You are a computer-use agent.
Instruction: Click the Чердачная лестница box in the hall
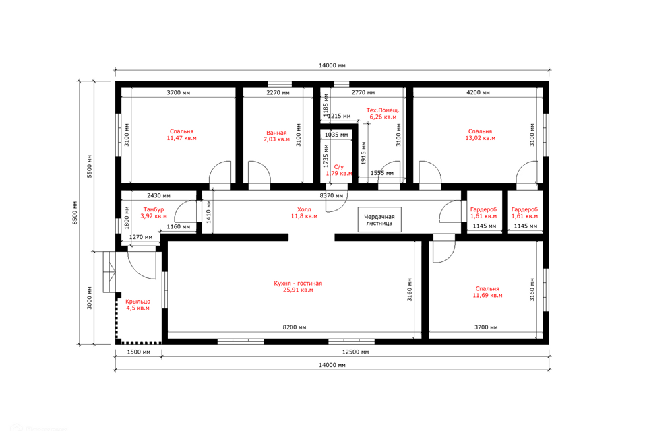coord(379,220)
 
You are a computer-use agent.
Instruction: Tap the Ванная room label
coord(276,133)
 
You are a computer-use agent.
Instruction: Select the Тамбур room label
coord(154,209)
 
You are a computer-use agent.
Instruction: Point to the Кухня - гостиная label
coord(298,284)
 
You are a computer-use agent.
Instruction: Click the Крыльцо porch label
coord(137,302)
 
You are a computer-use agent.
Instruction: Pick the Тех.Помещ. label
coord(383,110)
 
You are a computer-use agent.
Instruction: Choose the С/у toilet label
coord(339,167)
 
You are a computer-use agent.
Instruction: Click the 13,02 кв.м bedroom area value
coord(481,138)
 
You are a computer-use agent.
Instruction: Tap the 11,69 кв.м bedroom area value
coord(487,296)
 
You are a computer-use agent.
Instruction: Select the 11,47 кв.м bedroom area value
coord(181,138)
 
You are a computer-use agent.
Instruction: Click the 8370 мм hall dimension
coord(332,195)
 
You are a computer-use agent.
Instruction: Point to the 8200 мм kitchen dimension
coord(295,327)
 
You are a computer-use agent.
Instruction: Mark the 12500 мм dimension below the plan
coord(356,352)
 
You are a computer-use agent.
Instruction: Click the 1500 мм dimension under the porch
coord(138,352)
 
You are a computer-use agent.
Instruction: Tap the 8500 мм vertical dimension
coord(75,213)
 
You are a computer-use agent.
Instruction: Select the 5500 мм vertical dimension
coord(90,166)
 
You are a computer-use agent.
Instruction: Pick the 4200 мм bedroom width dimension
coord(479,92)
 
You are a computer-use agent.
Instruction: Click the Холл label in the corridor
coord(304,209)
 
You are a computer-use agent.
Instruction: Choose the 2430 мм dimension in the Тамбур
coord(158,195)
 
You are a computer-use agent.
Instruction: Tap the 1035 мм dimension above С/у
coord(336,135)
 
